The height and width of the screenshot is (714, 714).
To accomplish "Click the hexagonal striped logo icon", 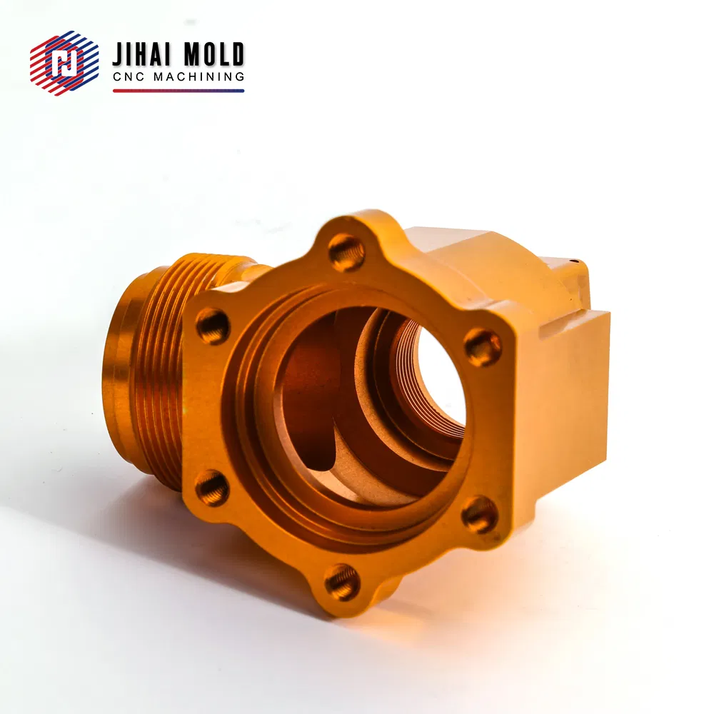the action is [64, 63].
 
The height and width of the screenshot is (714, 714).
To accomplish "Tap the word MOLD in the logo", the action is [212, 55].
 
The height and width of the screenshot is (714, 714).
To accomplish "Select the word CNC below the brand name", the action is [129, 77].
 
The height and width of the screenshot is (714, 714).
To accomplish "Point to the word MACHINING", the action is [199, 77].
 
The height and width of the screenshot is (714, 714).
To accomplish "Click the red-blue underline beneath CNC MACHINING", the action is [178, 91].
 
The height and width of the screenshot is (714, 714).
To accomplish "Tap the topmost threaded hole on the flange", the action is [346, 252].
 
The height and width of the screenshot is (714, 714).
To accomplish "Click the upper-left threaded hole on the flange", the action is [213, 326].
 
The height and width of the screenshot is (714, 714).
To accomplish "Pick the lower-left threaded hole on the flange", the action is [212, 488].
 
